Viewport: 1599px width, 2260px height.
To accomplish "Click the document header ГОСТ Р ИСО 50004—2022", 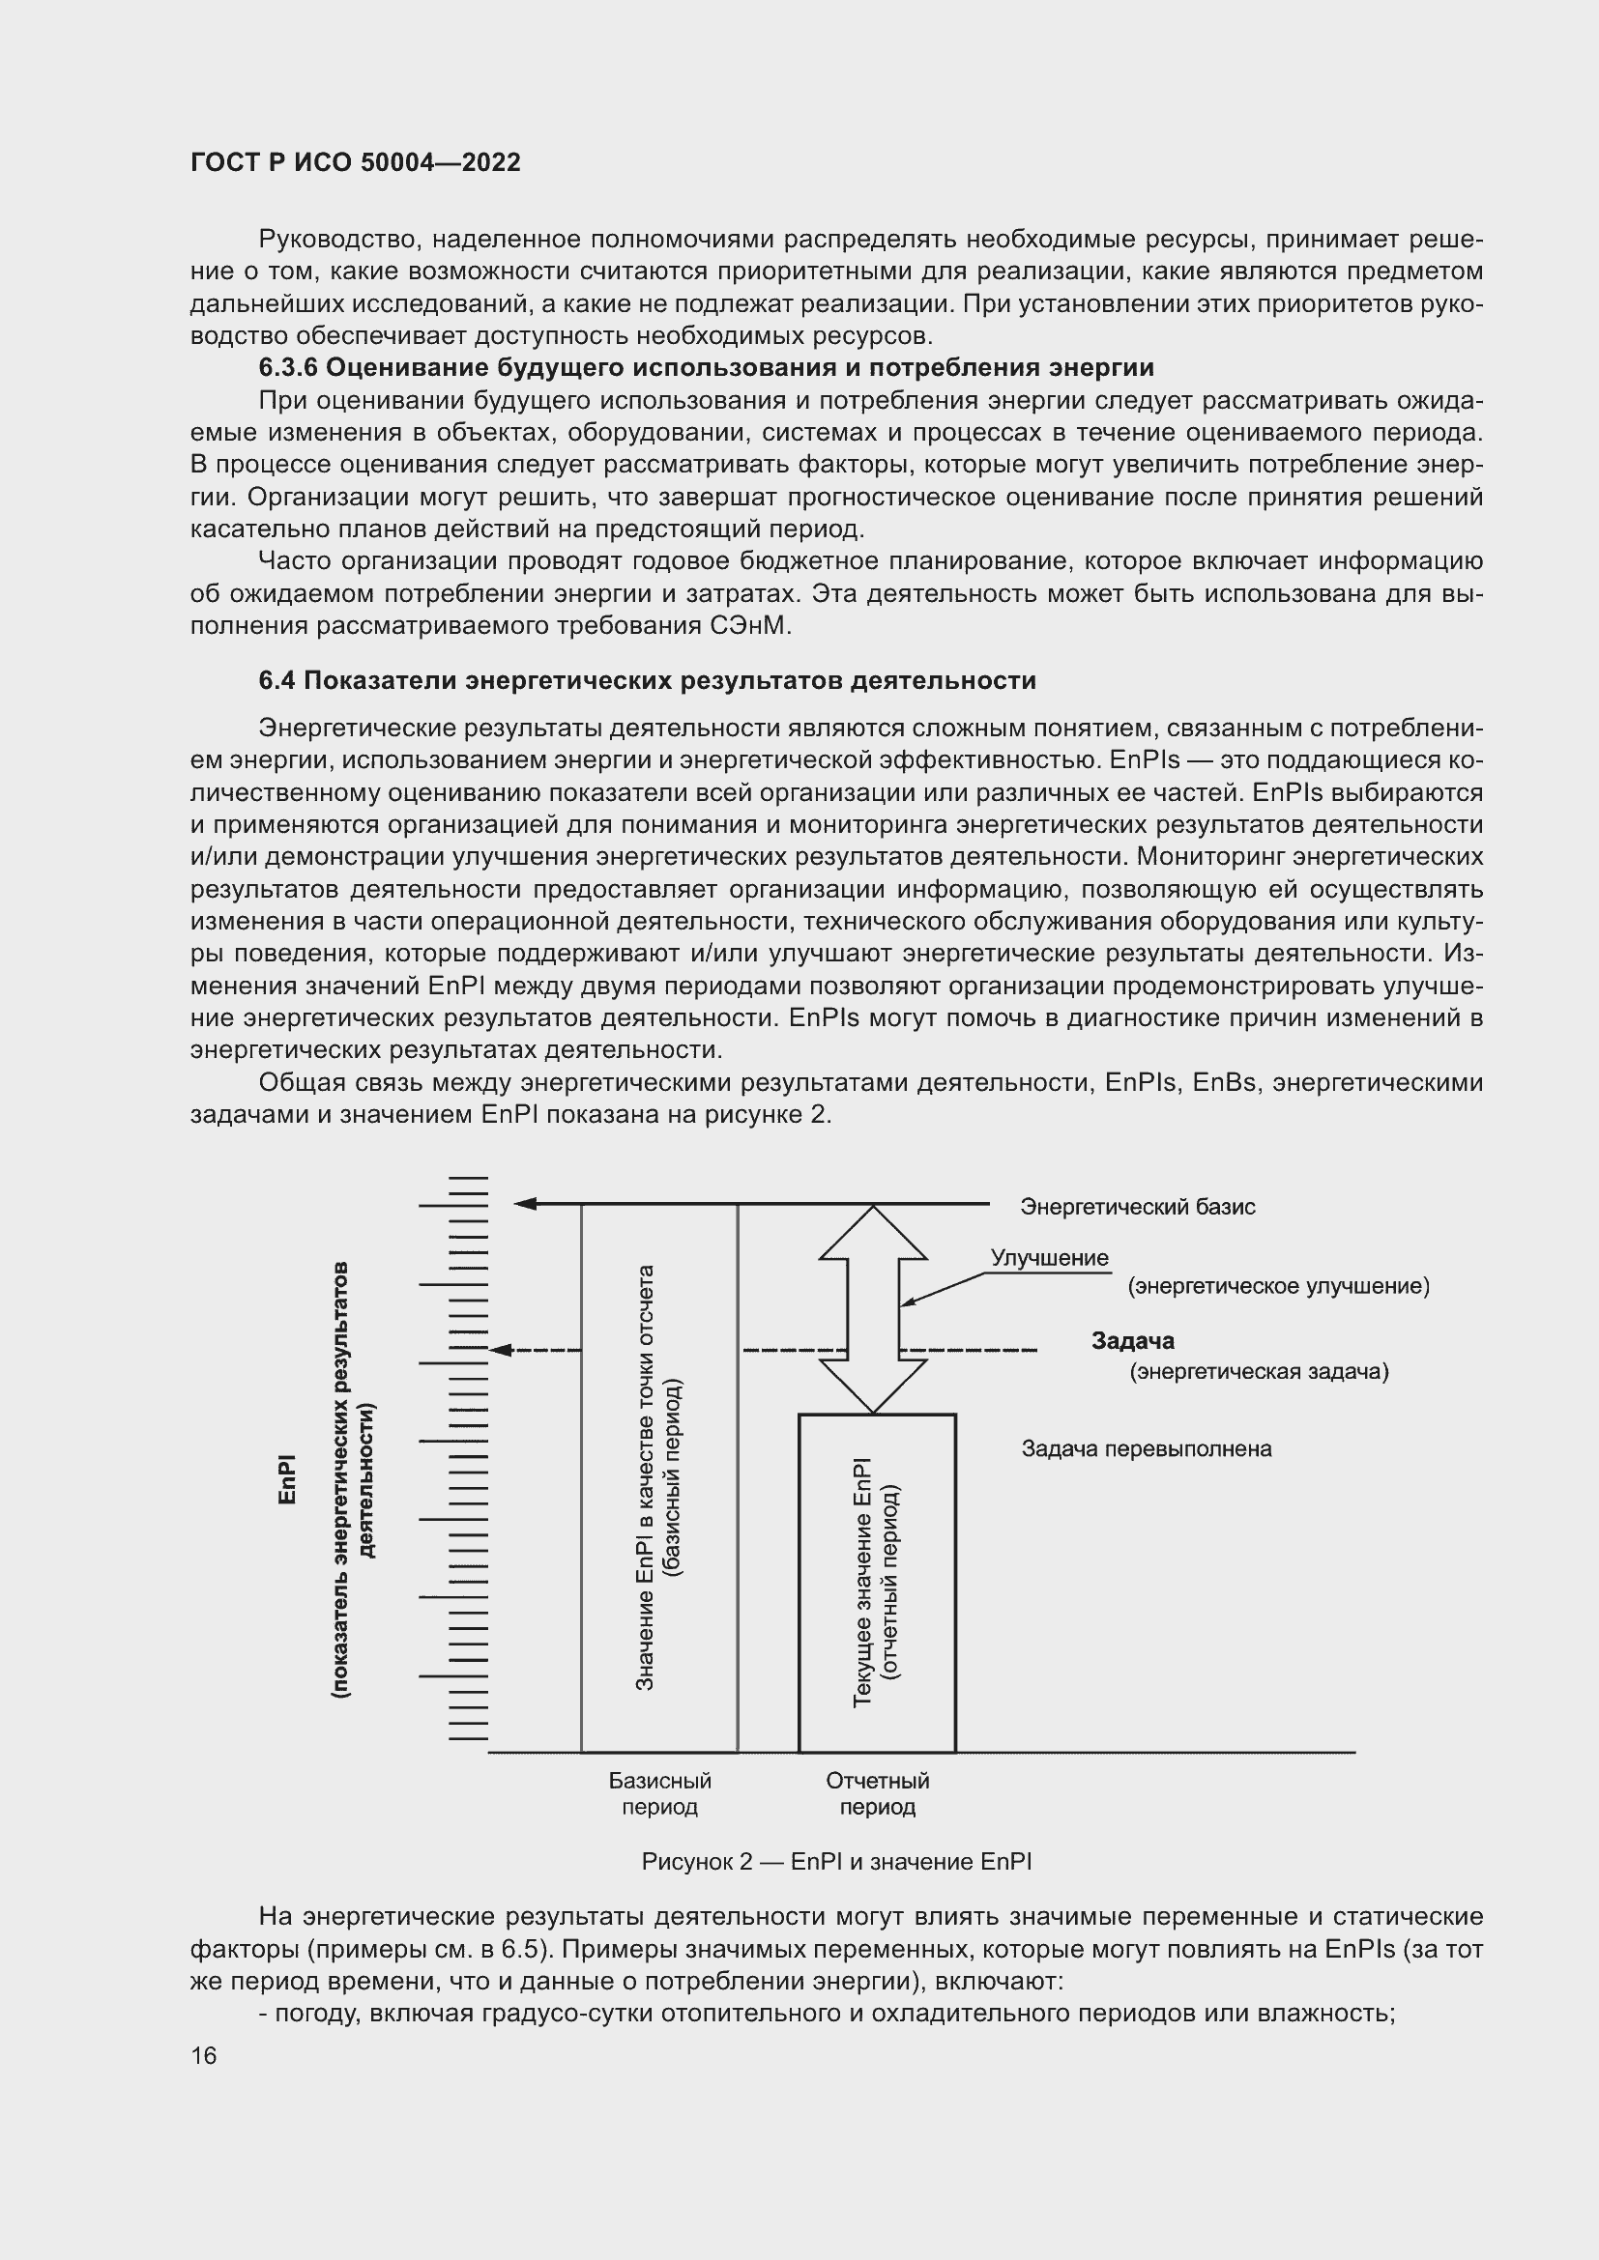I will coord(356,162).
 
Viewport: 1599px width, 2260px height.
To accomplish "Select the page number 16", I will coord(204,2055).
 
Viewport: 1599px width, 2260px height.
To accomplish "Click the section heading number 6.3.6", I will coord(287,368).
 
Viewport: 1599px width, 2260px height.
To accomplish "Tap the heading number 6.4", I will coord(276,680).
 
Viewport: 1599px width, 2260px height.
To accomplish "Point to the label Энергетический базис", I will coord(1137,1207).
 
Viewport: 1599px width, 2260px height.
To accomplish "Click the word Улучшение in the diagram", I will coord(1049,1258).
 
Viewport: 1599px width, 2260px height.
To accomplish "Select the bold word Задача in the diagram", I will coord(1132,1341).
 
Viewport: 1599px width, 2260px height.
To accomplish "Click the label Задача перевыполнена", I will coord(1147,1449).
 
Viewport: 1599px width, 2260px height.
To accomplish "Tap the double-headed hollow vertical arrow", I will coord(873,1309).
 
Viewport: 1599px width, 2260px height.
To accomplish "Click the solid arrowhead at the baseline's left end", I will coord(525,1204).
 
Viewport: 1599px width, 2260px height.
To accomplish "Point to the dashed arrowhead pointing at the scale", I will coord(500,1350).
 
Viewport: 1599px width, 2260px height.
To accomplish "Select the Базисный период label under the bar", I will coord(659,1794).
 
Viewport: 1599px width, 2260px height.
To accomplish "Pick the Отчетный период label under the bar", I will coord(877,1794).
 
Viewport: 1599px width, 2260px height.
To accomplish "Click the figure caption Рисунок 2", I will coord(835,1862).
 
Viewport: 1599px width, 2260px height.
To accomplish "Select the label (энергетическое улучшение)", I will coord(1278,1286).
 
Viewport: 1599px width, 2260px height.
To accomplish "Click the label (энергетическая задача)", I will coord(1259,1372).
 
